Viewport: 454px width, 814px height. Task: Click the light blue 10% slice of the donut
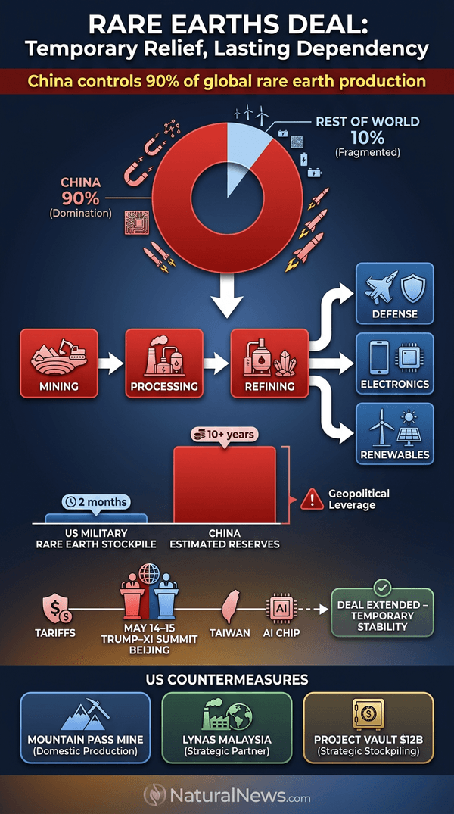point(244,151)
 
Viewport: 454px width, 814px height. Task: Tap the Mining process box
point(58,363)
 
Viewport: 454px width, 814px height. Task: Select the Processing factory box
point(164,363)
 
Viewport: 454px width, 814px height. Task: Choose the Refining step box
point(269,363)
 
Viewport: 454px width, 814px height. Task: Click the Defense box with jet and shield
point(394,293)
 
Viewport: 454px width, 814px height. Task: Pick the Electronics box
point(394,363)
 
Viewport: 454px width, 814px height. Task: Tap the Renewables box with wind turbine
point(394,433)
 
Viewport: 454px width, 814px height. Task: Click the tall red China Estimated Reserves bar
point(225,485)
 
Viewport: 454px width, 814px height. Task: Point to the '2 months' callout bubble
point(96,503)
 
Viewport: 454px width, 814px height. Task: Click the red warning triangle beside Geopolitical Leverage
point(312,500)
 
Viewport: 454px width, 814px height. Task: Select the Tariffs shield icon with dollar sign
point(57,609)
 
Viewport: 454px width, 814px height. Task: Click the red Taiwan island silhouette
point(230,607)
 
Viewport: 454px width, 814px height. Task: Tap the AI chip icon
point(280,609)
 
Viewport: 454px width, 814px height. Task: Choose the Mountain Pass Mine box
point(85,728)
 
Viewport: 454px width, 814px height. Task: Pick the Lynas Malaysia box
point(227,728)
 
